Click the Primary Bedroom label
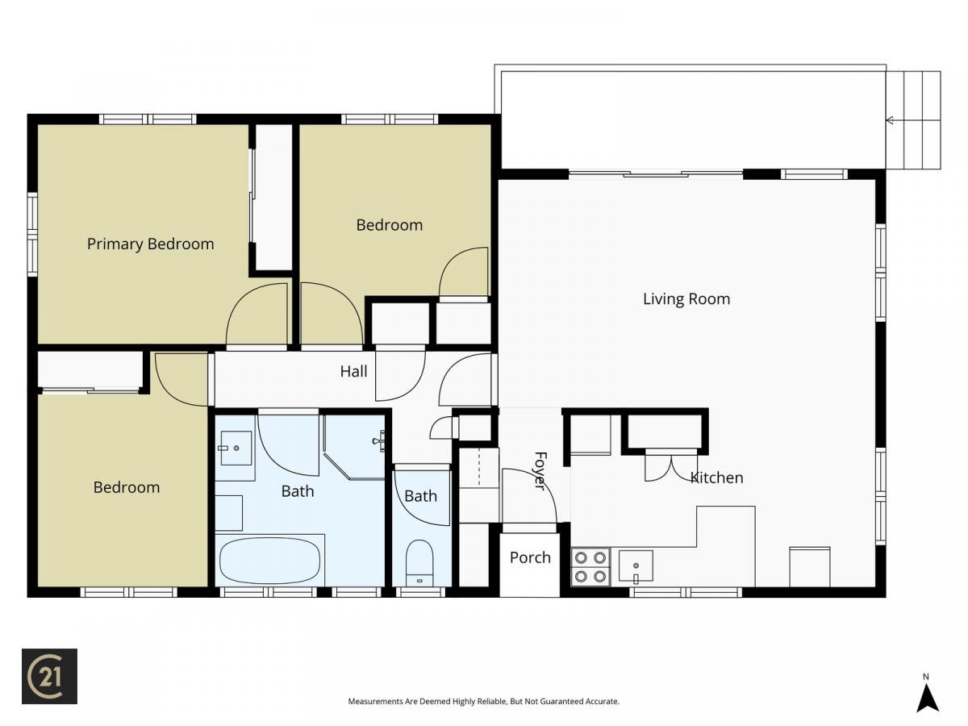(150, 244)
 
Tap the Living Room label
(686, 299)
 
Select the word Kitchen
(716, 478)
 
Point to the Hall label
(353, 372)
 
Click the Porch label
(530, 557)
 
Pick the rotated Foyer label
(540, 471)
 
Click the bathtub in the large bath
(270, 561)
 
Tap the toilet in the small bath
(419, 563)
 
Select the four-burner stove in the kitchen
(590, 567)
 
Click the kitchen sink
(636, 565)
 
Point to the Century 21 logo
(49, 676)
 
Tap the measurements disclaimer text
(484, 701)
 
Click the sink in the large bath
(236, 449)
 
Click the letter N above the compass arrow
(926, 677)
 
